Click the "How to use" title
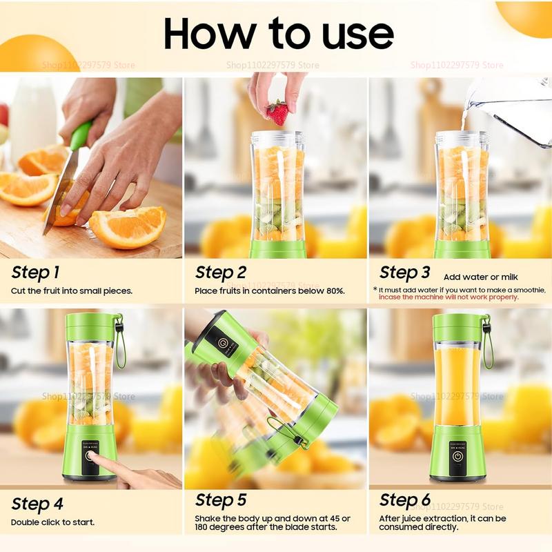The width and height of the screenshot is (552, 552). [279, 32]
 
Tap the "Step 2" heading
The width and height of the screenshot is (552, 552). [221, 273]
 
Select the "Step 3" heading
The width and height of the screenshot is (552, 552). [405, 273]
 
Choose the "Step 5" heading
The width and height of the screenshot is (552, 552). [221, 500]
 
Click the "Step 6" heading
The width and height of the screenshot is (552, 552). [405, 500]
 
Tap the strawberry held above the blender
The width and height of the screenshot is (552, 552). [277, 112]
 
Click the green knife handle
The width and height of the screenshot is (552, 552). [80, 135]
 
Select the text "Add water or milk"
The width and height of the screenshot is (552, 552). [482, 277]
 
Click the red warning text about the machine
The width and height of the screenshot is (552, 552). [448, 297]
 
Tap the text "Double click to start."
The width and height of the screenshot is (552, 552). [53, 522]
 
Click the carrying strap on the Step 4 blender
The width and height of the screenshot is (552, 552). [121, 345]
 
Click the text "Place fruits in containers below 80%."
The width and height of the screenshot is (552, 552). [270, 291]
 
